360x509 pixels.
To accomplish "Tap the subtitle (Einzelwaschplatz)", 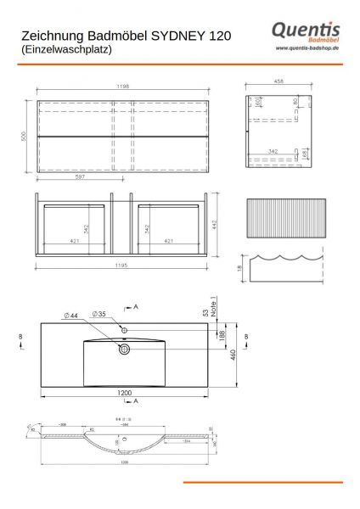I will tap(65, 50).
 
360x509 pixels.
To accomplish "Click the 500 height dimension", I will tap(25, 136).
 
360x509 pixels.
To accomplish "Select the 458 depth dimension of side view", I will tap(278, 82).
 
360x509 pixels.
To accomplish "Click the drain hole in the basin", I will tap(124, 348).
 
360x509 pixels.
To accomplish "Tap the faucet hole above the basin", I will tap(124, 328).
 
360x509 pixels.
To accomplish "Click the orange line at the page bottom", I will tap(263, 482).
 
